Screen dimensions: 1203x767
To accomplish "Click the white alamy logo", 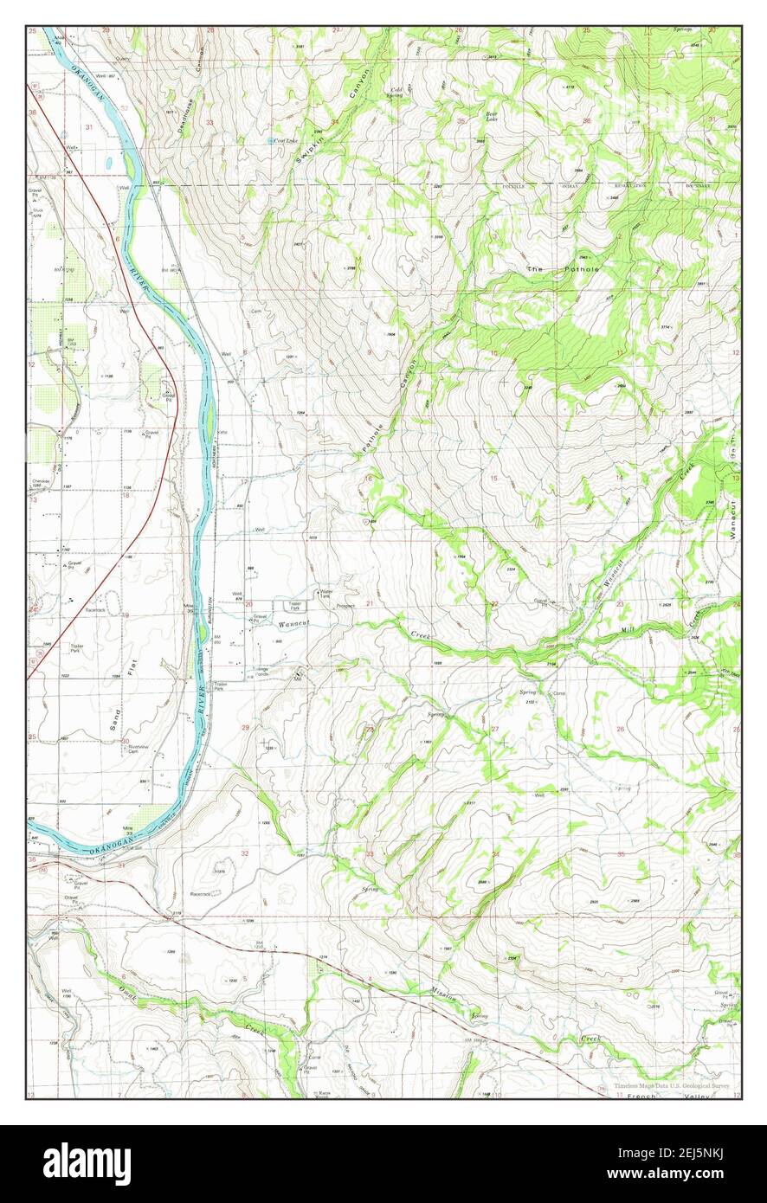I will point(87,1163).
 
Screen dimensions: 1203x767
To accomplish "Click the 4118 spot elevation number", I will point(570,87).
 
